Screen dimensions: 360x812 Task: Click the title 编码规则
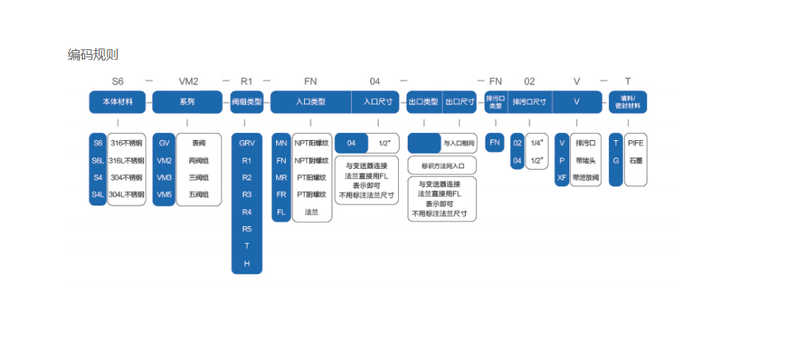(x=93, y=54)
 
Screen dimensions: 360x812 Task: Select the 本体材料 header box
(x=117, y=102)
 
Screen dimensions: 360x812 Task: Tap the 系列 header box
(x=187, y=102)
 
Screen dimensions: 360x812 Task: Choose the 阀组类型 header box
(x=246, y=102)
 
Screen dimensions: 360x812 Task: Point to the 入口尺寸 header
(x=377, y=102)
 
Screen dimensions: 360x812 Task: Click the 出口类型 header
(x=424, y=102)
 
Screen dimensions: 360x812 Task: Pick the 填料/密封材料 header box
(x=628, y=102)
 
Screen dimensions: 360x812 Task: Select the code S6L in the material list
(x=98, y=160)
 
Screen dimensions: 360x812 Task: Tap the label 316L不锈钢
(x=127, y=160)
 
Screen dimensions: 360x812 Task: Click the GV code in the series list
(x=165, y=143)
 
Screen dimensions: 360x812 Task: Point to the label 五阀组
(x=198, y=194)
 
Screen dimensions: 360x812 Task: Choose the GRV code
(x=247, y=143)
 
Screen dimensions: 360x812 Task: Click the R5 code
(x=247, y=229)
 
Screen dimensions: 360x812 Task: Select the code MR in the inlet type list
(x=281, y=178)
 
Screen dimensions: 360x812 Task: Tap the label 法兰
(x=311, y=212)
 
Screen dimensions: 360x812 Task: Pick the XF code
(x=562, y=178)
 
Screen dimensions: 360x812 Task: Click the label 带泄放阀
(x=585, y=178)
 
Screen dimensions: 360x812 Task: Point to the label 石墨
(x=634, y=160)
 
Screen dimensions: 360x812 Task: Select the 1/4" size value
(x=537, y=143)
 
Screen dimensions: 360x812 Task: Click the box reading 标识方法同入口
(x=442, y=166)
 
